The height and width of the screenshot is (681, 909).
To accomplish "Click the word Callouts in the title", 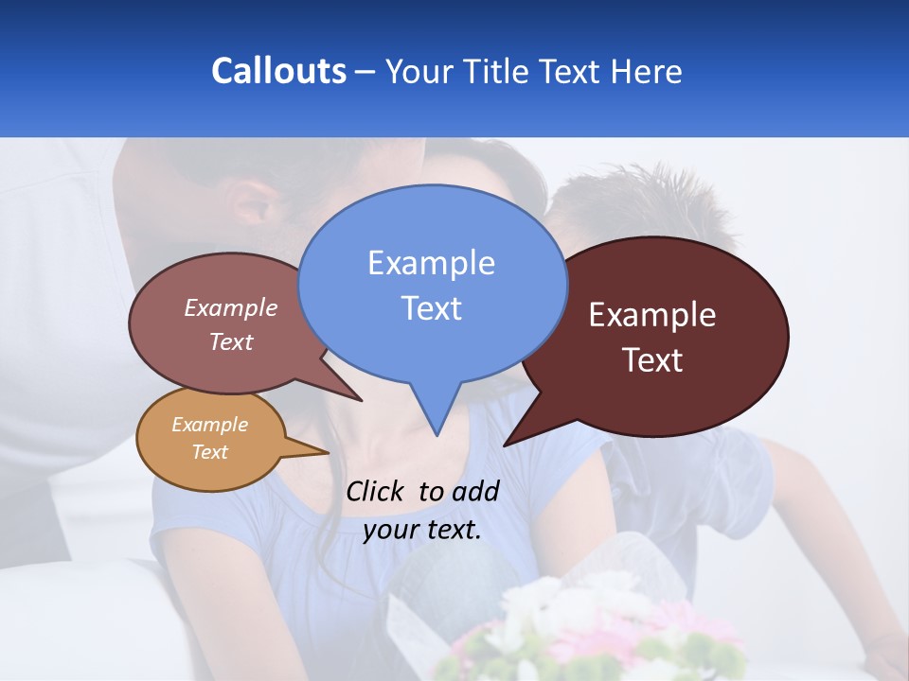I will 278,71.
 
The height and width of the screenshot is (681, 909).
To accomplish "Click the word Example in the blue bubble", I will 431,263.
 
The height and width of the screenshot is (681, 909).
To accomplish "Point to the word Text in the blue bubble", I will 431,308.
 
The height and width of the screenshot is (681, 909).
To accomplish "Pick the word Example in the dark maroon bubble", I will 652,315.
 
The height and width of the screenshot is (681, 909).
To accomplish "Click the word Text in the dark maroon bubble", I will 652,360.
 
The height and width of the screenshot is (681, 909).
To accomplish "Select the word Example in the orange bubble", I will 209,425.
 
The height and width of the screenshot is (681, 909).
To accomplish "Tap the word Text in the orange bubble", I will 209,452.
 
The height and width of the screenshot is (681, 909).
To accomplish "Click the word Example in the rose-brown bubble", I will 230,308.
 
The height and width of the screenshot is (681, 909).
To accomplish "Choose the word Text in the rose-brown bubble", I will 230,341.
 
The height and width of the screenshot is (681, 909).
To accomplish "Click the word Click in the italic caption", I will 376,491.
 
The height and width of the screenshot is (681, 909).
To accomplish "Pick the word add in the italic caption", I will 475,491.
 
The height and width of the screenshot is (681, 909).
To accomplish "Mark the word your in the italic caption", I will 391,530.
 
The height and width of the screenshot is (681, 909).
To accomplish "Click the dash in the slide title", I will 365,72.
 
